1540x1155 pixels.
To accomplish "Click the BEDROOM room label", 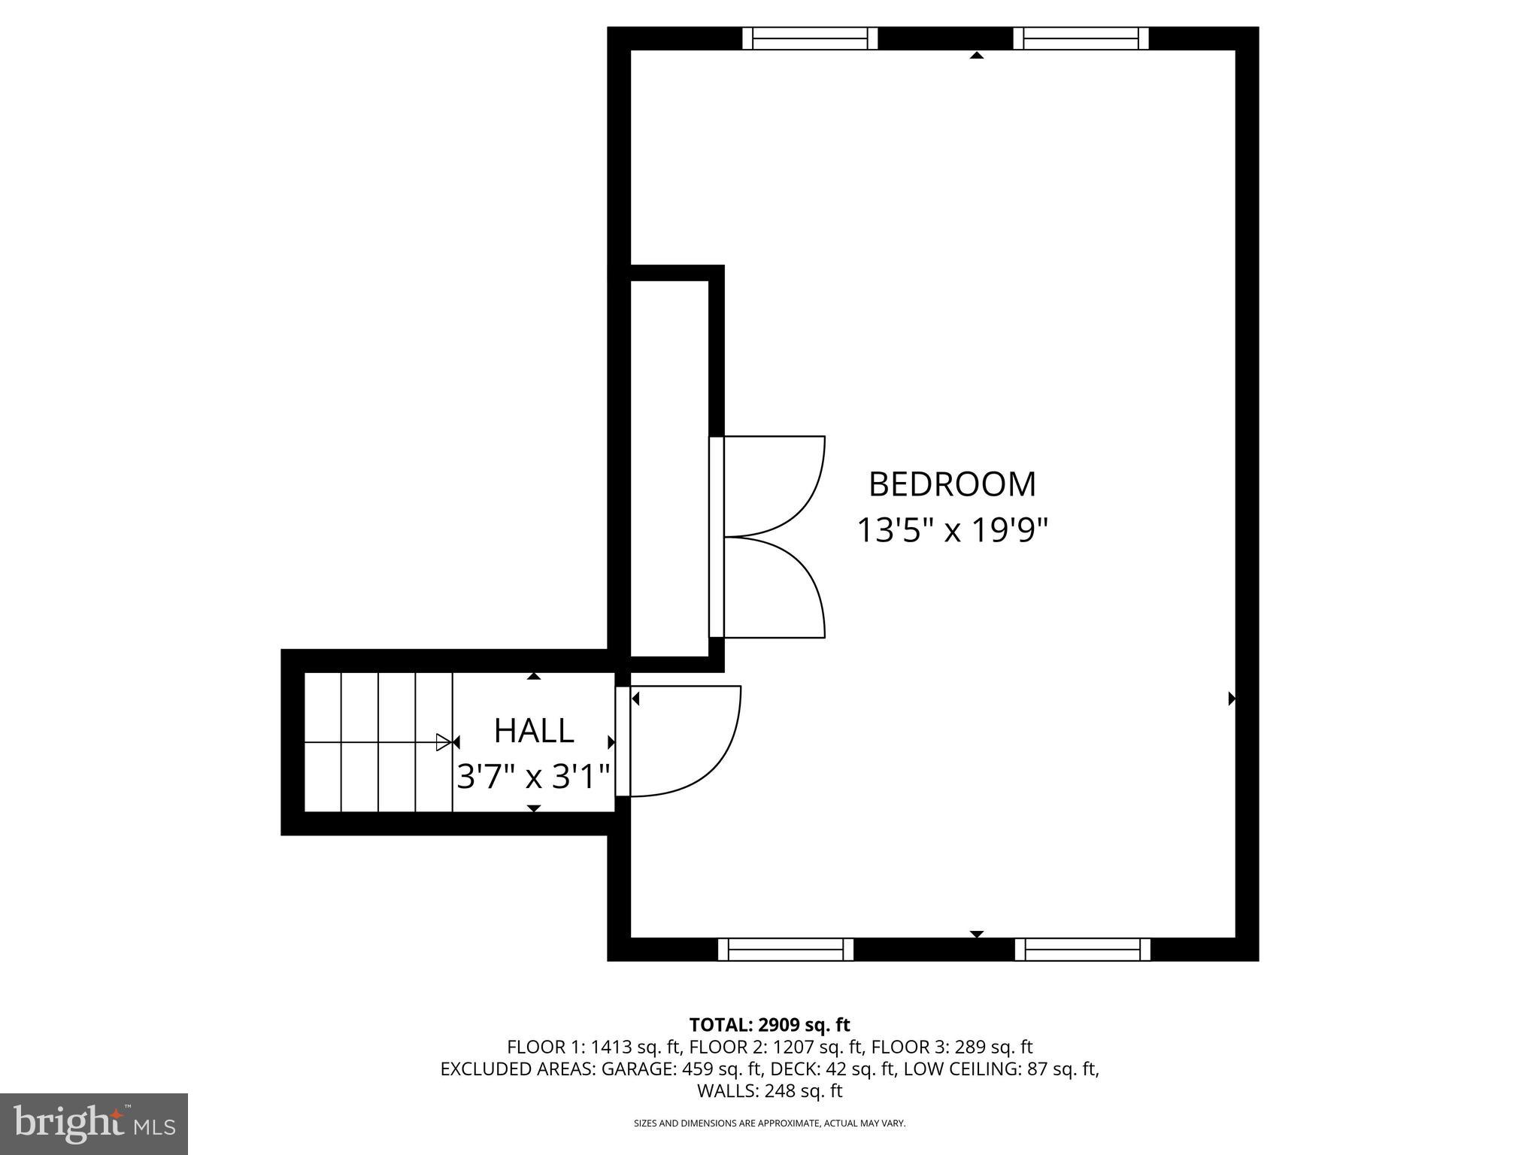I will (x=952, y=484).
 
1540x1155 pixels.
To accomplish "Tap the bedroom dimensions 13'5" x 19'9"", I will (x=952, y=531).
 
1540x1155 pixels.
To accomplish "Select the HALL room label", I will (x=534, y=731).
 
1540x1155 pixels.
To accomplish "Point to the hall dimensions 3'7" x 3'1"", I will (x=534, y=776).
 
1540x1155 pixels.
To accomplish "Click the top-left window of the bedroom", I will (x=810, y=38).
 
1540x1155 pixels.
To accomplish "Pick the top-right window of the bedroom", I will (x=1081, y=38).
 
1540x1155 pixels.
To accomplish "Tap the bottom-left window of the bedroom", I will (x=786, y=950).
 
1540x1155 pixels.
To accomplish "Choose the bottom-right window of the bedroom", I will (x=1082, y=950).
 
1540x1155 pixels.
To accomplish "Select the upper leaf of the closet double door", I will (x=771, y=485).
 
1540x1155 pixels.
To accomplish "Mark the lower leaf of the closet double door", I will (x=771, y=588).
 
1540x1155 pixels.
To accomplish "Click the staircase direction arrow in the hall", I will (x=444, y=743).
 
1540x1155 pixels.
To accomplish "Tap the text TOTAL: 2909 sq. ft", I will (x=769, y=1024).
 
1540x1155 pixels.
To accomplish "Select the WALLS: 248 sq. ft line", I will (x=769, y=1090).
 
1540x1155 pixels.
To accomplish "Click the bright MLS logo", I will (x=94, y=1123).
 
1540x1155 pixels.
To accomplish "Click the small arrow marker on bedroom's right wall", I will (x=1231, y=699).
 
